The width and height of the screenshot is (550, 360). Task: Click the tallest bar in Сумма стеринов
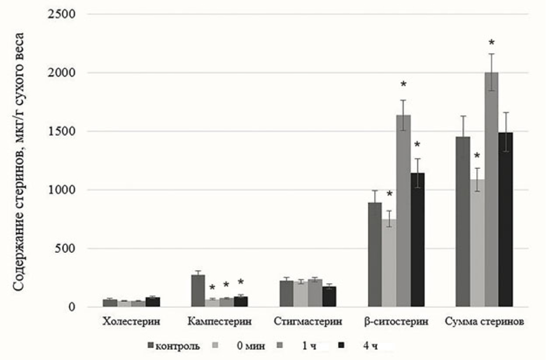tap(492, 190)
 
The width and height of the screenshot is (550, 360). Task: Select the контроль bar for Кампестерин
tap(198, 291)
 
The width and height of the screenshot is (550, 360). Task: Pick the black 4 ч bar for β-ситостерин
tap(417, 240)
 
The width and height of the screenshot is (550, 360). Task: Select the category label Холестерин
tap(131, 322)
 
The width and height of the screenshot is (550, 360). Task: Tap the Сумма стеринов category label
tap(485, 322)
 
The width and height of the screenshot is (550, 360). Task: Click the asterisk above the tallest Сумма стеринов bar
tap(492, 42)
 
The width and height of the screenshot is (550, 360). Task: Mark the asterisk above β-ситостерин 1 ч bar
tap(404, 84)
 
